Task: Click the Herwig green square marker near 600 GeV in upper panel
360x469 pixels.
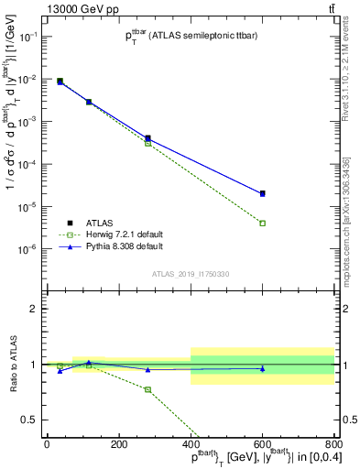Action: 262,224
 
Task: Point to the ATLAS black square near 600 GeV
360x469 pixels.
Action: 262,193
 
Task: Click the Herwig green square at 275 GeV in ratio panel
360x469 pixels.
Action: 147,389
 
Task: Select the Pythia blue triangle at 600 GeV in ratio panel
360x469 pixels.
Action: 262,369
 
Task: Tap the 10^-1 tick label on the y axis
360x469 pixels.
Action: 29,37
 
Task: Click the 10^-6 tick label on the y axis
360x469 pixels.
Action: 29,249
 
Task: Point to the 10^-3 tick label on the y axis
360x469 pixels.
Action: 29,122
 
